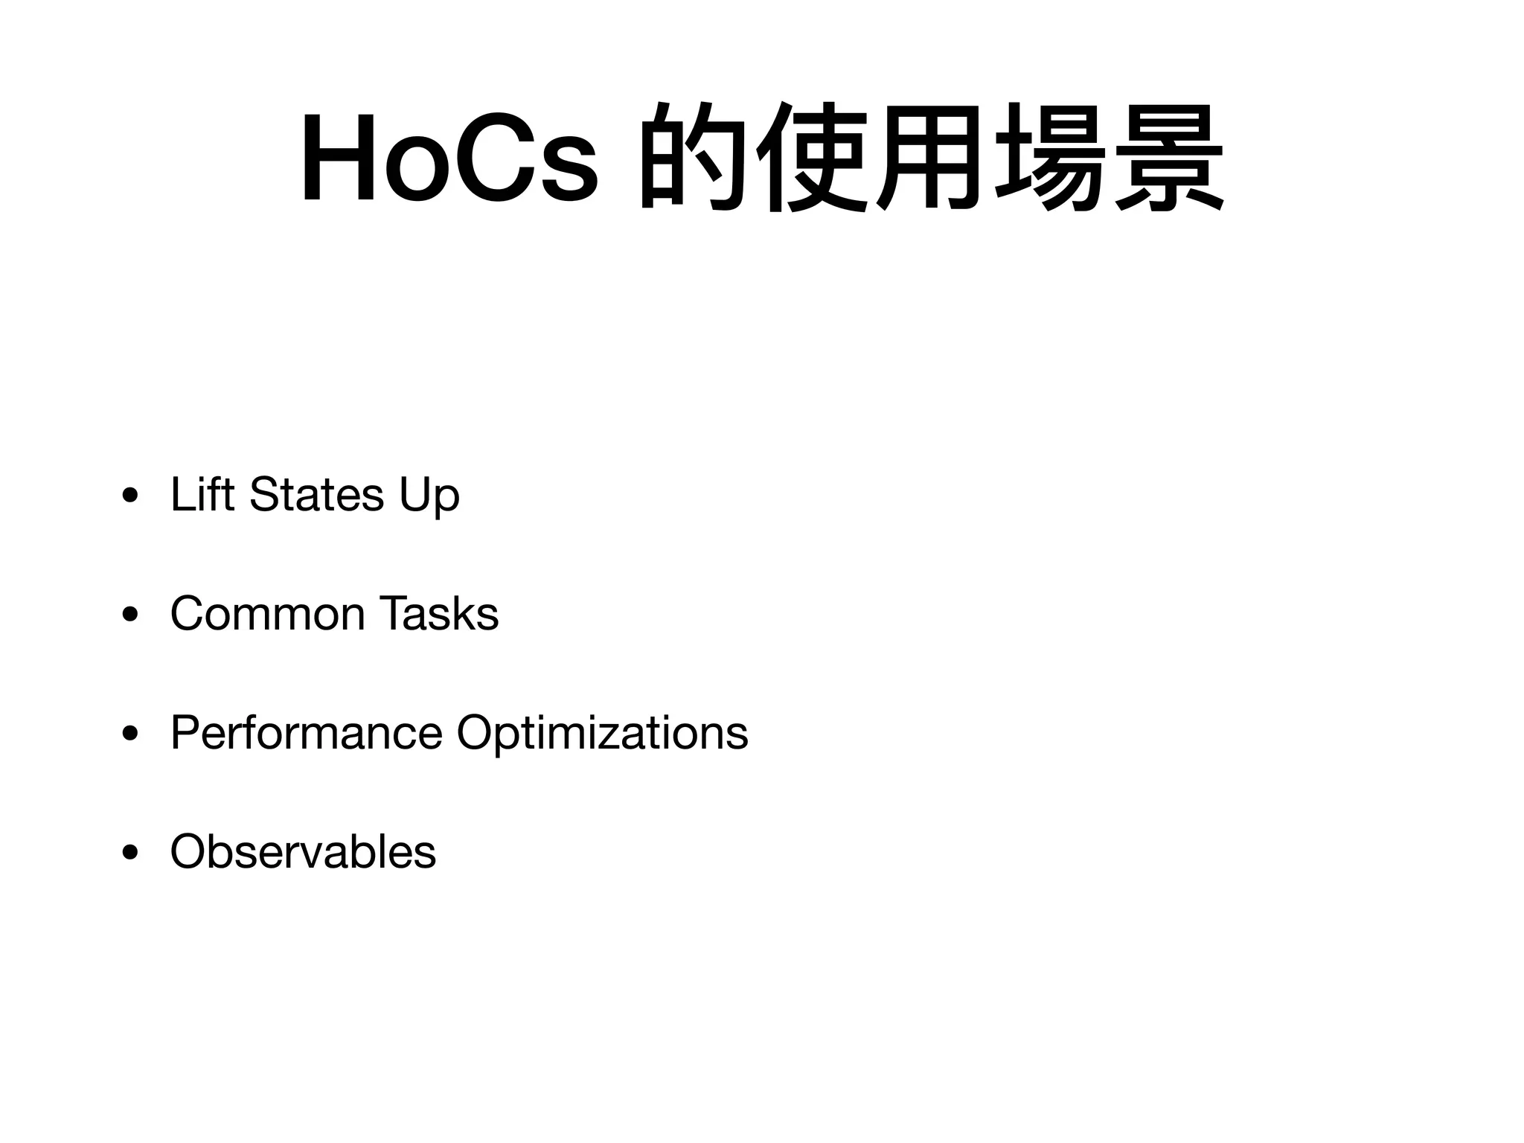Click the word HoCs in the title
click(449, 159)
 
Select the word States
click(317, 494)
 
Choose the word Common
click(267, 614)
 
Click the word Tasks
click(438, 614)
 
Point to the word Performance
click(306, 733)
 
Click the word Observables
click(303, 851)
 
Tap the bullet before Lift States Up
click(131, 496)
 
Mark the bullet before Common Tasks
click(131, 615)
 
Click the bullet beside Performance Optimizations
click(131, 734)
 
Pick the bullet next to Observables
click(131, 854)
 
